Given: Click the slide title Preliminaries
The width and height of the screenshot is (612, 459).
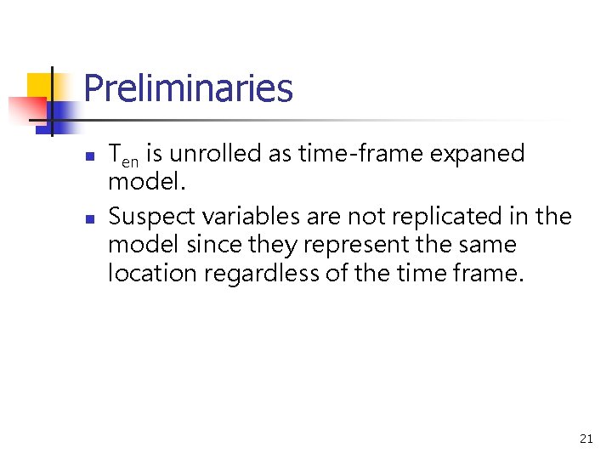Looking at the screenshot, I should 188,88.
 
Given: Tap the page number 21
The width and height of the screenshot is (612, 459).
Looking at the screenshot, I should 586,439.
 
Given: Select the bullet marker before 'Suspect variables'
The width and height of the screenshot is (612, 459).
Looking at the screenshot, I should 91,219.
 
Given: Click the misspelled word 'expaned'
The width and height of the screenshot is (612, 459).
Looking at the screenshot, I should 478,155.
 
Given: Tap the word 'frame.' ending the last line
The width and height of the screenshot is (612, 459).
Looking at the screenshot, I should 488,273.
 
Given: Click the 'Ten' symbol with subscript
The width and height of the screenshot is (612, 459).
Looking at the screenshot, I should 124,156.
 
